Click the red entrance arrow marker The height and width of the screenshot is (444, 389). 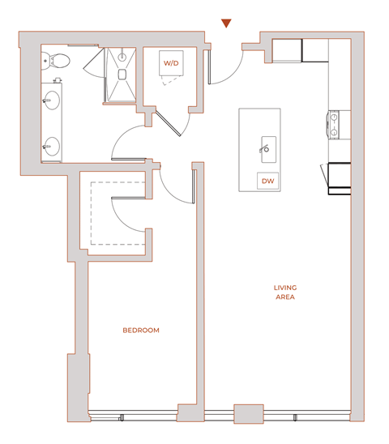click(x=227, y=23)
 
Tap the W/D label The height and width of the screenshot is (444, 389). click(x=171, y=62)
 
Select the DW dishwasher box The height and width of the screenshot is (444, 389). click(x=267, y=181)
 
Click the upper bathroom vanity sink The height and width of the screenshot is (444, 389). click(x=52, y=102)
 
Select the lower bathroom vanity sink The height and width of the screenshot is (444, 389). click(x=52, y=146)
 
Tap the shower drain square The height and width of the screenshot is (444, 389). click(x=123, y=75)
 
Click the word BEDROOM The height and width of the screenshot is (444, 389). click(x=140, y=331)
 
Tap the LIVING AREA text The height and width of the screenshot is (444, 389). click(x=284, y=292)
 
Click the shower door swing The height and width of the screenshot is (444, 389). click(x=105, y=65)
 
